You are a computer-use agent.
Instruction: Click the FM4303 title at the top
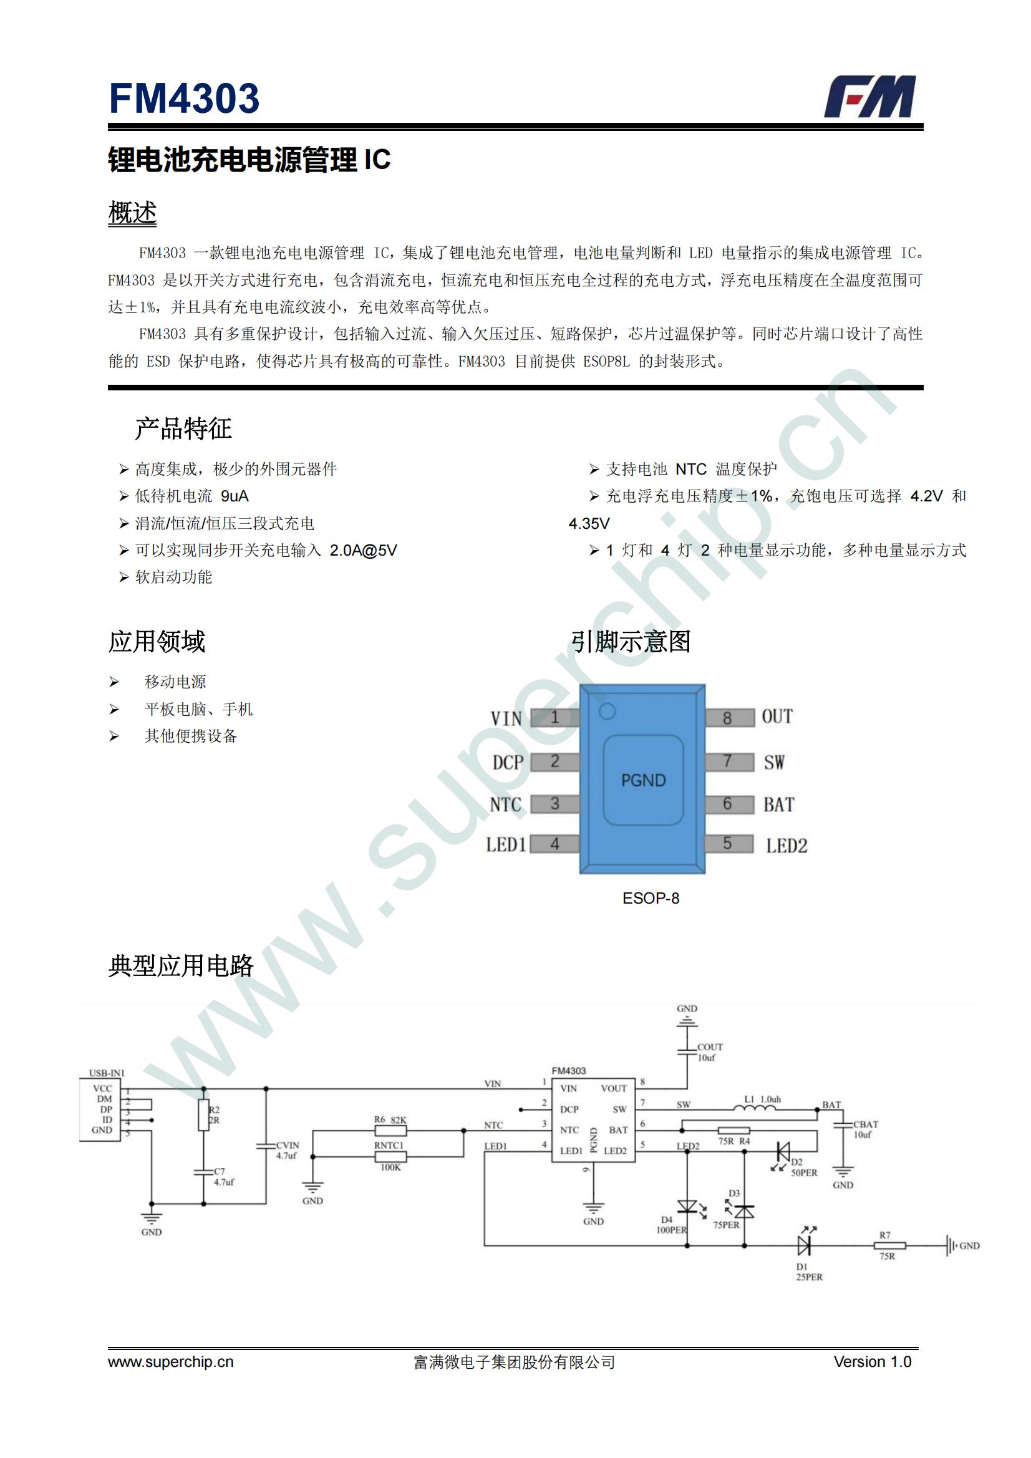183,99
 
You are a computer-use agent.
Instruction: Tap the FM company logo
869,97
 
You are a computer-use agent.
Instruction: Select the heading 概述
132,213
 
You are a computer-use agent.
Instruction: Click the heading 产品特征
183,428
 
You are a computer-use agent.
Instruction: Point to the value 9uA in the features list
235,496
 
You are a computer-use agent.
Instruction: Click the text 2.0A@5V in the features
363,550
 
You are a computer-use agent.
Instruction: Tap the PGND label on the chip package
644,780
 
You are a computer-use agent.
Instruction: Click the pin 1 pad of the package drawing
554,718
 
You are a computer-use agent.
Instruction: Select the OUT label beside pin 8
777,717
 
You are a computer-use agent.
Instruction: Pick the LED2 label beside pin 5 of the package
787,846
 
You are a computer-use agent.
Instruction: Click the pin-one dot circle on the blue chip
607,712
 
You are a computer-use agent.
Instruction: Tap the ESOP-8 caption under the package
651,898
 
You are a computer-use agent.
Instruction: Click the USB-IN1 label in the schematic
107,1073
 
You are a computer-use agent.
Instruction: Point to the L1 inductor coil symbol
755,1108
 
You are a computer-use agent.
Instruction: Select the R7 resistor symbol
889,1246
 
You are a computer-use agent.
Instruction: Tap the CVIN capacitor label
287,1145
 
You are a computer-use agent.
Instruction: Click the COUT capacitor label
710,1047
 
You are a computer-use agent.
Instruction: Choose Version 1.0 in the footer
872,1361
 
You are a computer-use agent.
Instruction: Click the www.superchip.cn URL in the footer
171,1362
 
